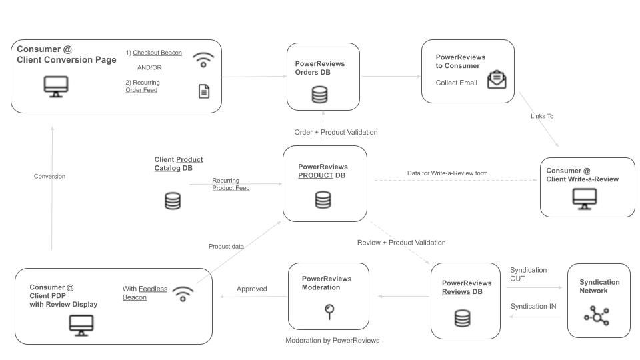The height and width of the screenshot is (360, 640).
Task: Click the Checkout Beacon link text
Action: (x=157, y=53)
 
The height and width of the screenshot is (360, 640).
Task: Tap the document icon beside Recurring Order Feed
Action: (x=204, y=91)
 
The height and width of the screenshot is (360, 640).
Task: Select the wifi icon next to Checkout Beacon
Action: (x=203, y=59)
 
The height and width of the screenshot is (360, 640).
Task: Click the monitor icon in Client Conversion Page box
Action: (x=56, y=87)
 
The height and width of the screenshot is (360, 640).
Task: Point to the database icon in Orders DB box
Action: (x=319, y=95)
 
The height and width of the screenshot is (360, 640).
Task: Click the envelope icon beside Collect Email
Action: (x=497, y=79)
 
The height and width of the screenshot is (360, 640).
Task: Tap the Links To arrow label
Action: (x=542, y=116)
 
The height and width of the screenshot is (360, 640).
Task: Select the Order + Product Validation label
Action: (x=336, y=132)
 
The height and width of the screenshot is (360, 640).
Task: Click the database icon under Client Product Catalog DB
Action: (x=173, y=201)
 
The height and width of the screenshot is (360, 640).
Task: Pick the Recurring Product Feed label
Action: (x=231, y=184)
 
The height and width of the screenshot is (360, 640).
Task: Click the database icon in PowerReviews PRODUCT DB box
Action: (x=323, y=200)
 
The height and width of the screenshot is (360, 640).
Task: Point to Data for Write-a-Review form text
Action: (x=447, y=173)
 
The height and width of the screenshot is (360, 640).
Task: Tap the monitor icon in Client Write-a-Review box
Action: (x=585, y=199)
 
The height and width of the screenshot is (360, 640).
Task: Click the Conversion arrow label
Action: (x=49, y=176)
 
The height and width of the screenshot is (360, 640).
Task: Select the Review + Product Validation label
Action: (x=401, y=243)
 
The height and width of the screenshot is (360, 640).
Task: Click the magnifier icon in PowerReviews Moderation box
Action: (x=329, y=311)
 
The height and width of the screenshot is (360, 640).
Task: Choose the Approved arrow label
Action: (x=252, y=289)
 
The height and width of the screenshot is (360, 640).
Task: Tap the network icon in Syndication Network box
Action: (x=597, y=315)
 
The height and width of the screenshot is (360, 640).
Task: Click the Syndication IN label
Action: (x=533, y=306)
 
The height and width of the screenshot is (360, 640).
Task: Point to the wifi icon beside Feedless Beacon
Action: (x=183, y=294)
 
